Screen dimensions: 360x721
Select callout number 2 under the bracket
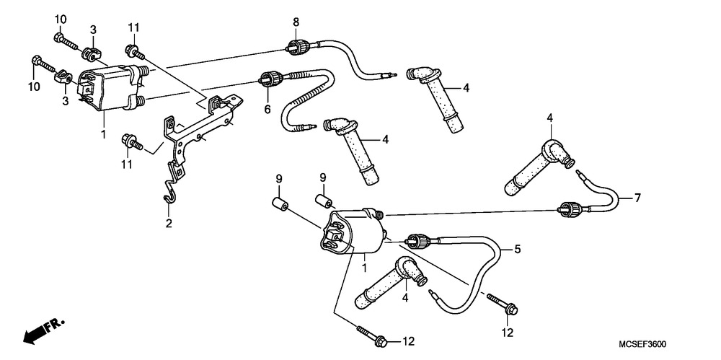pos(169,223)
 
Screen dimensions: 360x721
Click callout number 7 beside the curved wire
pos(637,196)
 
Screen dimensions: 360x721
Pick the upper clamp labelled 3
pos(91,53)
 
